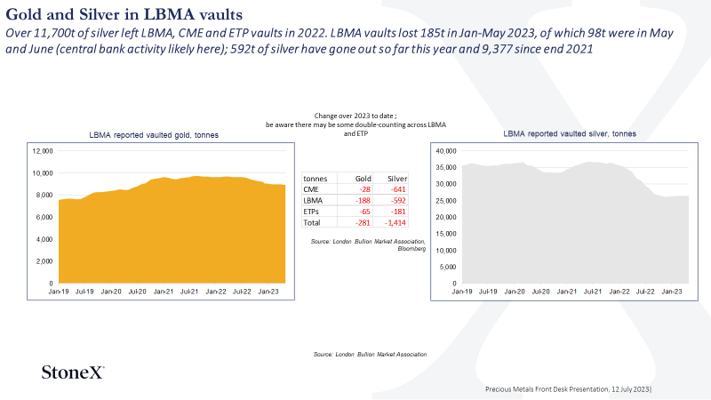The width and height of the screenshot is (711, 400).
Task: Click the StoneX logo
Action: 73,372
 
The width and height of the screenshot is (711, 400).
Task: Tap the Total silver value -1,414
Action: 395,223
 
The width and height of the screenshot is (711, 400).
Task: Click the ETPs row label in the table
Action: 311,212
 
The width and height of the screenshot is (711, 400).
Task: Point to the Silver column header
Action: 397,179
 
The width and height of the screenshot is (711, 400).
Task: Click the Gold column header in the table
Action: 363,179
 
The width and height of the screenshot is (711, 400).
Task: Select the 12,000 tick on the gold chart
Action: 43,151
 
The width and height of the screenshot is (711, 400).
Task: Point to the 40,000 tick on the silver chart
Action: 446,151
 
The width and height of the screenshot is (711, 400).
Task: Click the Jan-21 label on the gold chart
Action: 164,292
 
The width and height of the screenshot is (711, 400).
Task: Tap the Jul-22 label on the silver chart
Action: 645,292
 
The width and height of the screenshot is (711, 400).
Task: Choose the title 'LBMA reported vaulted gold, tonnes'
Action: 154,135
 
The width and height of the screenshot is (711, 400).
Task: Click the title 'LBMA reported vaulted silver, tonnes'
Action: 570,134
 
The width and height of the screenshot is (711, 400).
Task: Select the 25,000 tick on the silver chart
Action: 446,201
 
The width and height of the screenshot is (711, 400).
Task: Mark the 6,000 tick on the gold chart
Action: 44,217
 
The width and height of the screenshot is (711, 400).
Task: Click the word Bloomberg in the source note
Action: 411,249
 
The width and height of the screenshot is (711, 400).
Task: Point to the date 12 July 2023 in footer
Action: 630,389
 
